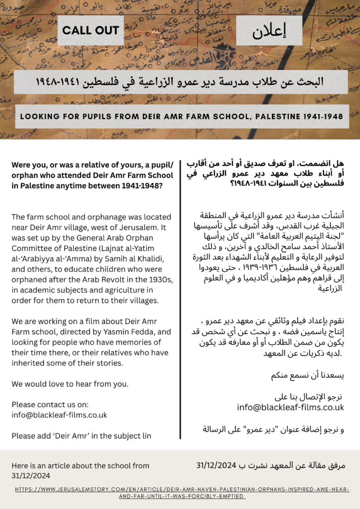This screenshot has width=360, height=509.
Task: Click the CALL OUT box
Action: (90, 30)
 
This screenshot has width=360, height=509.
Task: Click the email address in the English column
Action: (59, 415)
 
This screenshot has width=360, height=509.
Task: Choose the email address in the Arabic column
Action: (290, 407)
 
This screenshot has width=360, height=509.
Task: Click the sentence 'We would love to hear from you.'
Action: (70, 383)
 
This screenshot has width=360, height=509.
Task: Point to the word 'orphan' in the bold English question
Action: (25, 175)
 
